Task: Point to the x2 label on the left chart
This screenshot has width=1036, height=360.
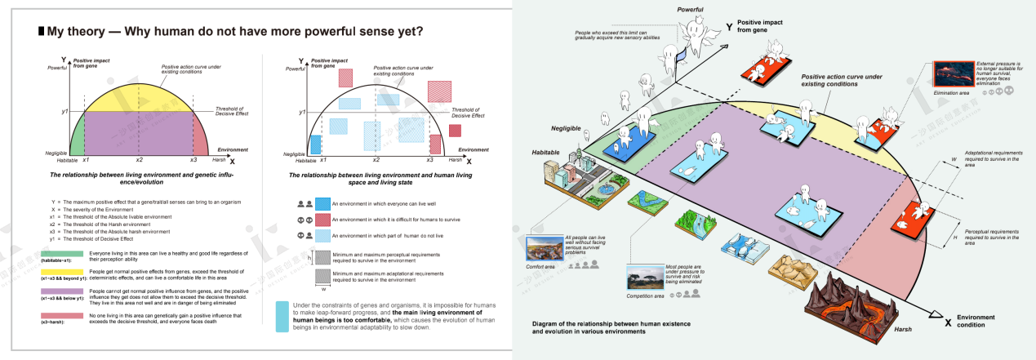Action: pos(139,160)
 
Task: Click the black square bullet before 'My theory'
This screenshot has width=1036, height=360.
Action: pos(41,33)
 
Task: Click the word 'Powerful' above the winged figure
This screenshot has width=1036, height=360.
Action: pos(690,10)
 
